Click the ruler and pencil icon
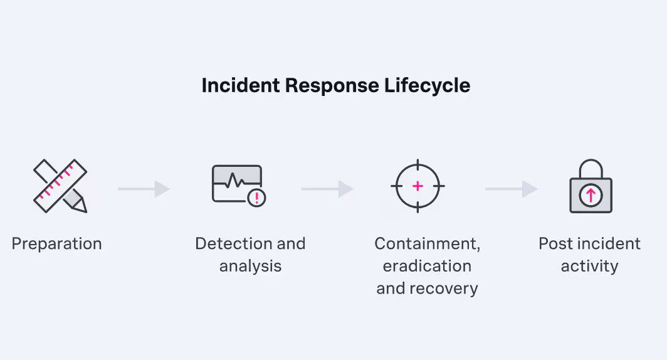pyautogui.click(x=60, y=186)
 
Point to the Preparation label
pyautogui.click(x=56, y=243)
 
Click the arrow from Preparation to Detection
pyautogui.click(x=144, y=189)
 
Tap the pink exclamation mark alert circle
pyautogui.click(x=256, y=198)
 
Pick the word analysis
pyautogui.click(x=250, y=266)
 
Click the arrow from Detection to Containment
pyautogui.click(x=327, y=189)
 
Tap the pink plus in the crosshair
pyautogui.click(x=418, y=186)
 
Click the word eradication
pyautogui.click(x=427, y=266)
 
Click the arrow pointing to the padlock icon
pyautogui.click(x=511, y=189)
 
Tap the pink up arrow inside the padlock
pyautogui.click(x=590, y=196)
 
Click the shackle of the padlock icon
pyautogui.click(x=590, y=168)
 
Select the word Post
pyautogui.click(x=554, y=243)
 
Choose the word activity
pyautogui.click(x=589, y=266)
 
